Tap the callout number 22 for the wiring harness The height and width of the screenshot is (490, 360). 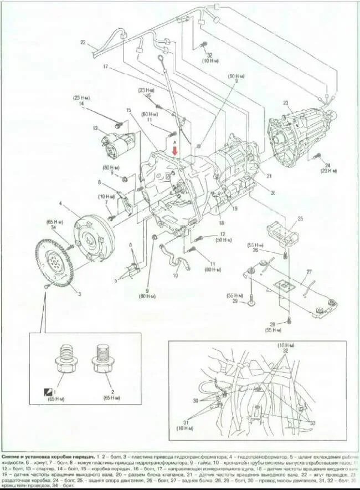(83, 42)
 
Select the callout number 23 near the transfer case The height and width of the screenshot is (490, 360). (286, 103)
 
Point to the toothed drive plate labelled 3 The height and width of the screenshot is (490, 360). (55, 262)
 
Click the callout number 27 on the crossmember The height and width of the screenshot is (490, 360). (309, 272)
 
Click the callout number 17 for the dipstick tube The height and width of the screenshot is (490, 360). (105, 67)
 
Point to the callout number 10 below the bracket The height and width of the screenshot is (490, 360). (175, 275)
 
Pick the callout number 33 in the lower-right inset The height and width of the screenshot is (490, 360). (313, 423)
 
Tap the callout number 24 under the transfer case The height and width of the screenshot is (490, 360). (327, 165)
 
